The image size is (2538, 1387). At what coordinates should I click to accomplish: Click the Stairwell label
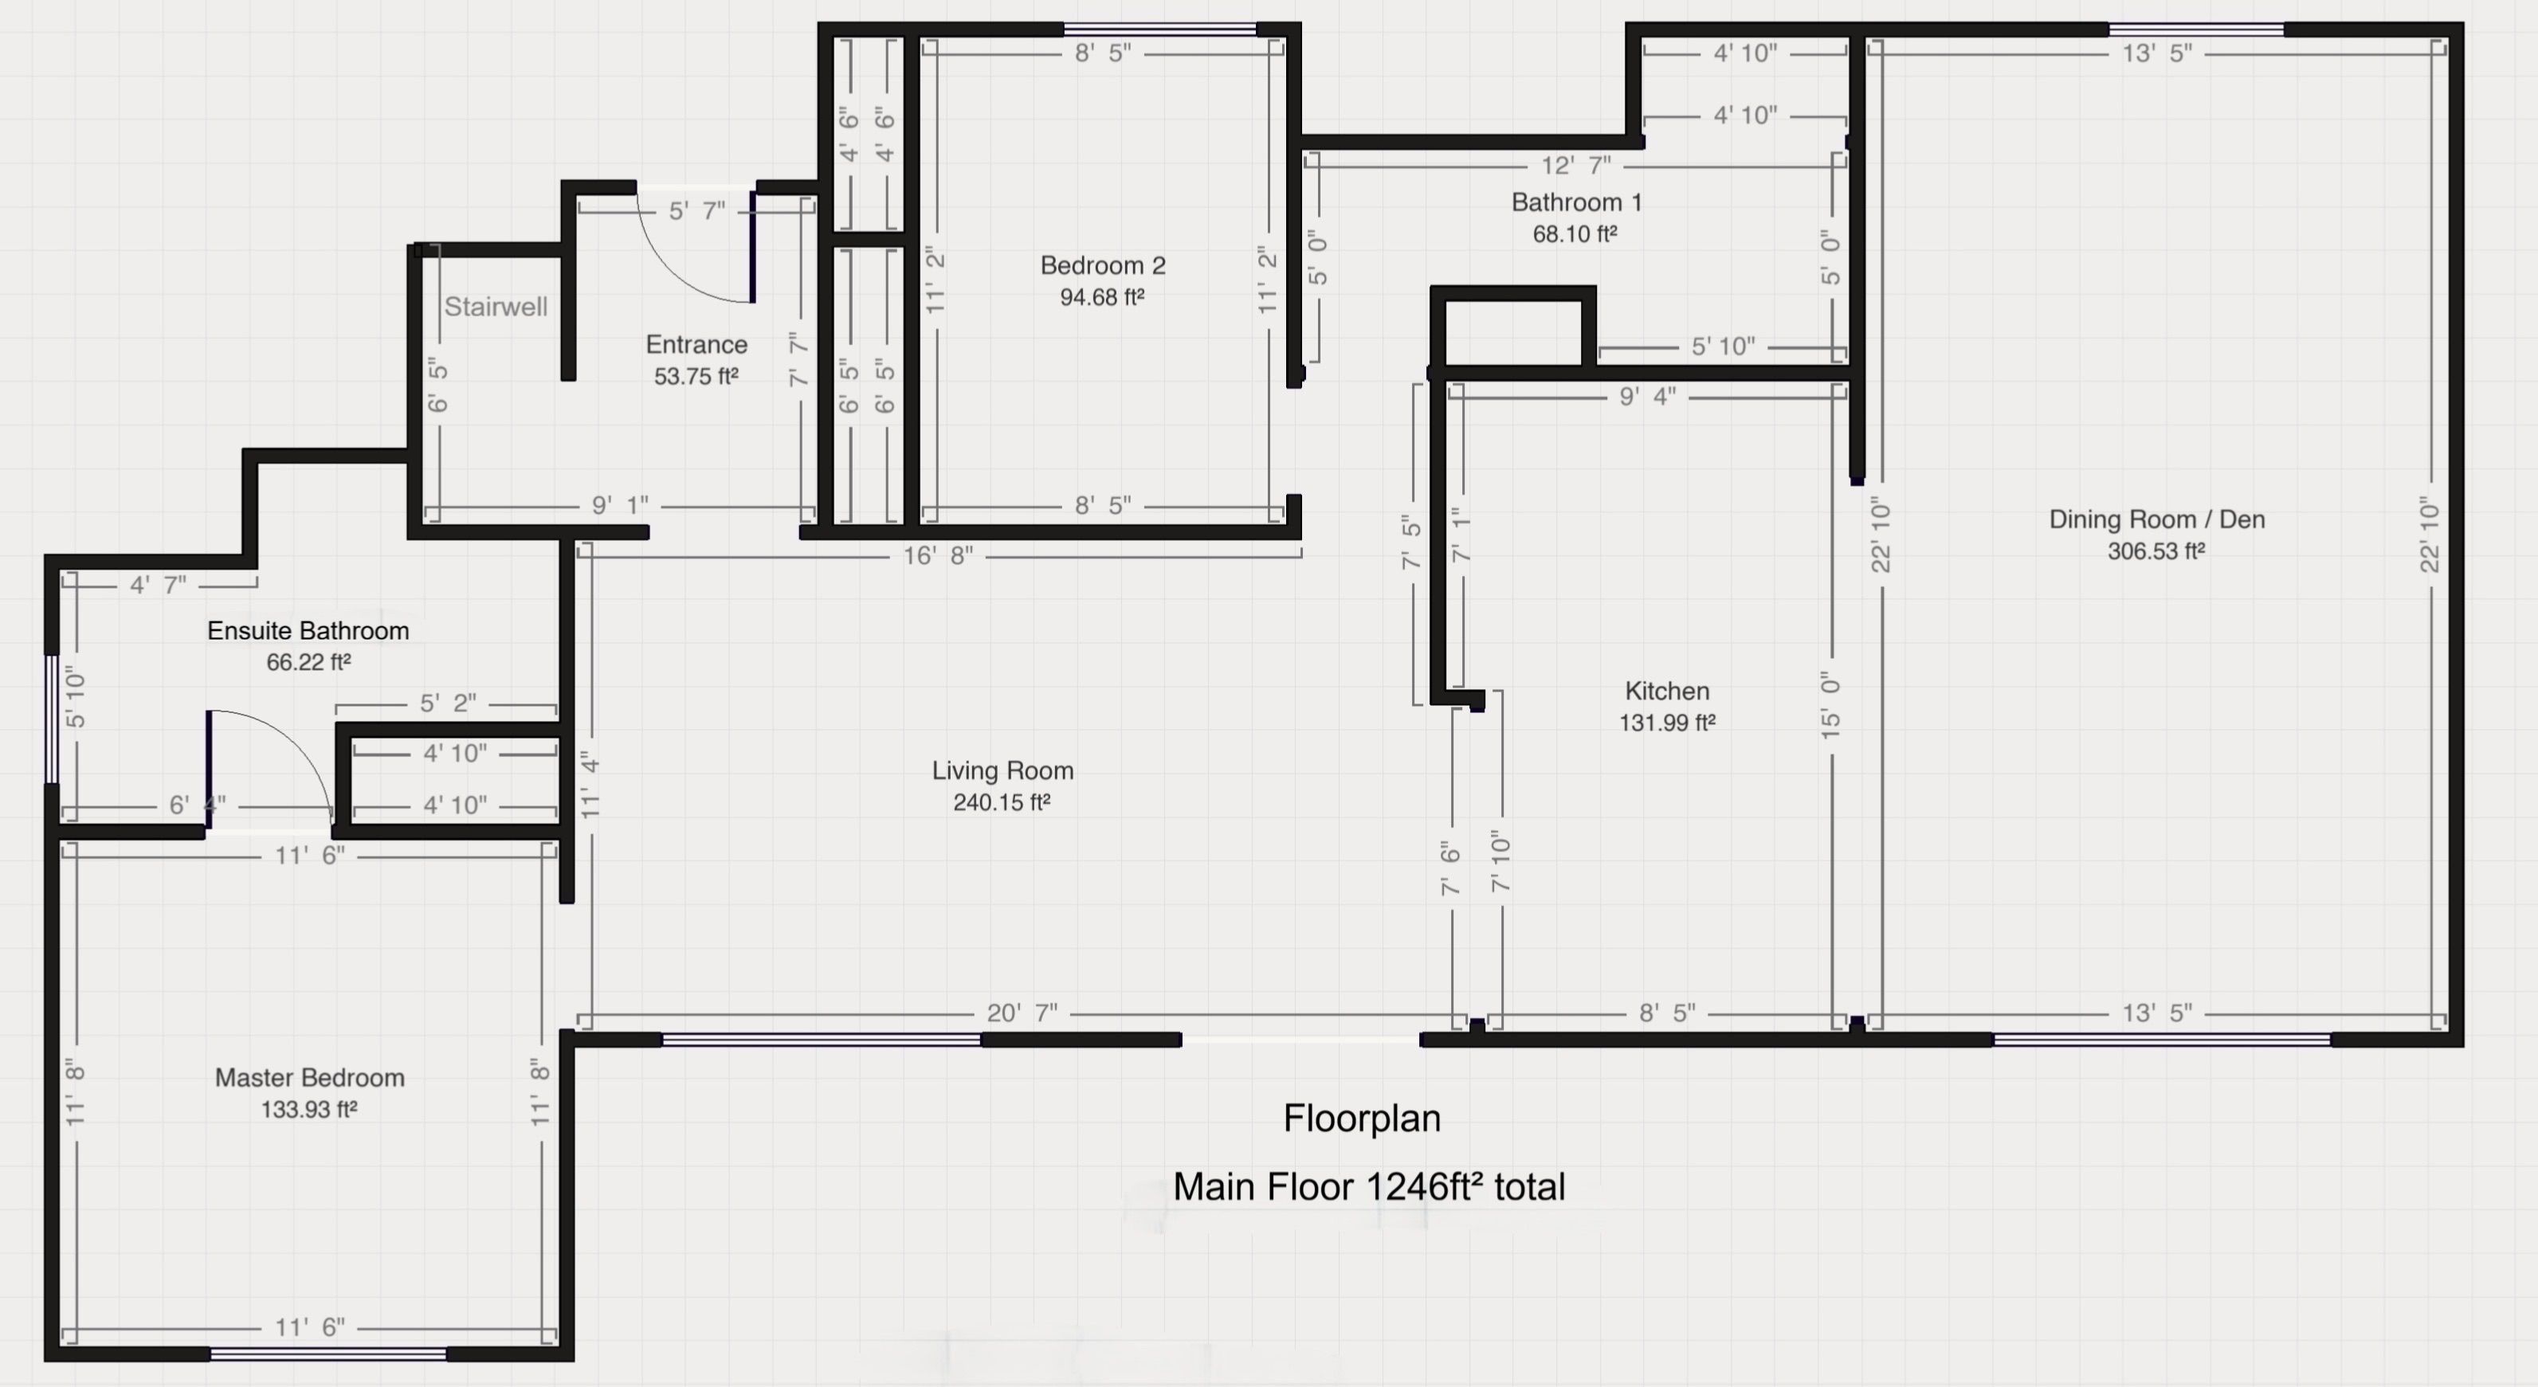pyautogui.click(x=496, y=307)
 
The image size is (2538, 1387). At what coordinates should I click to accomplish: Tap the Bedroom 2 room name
pyautogui.click(x=1103, y=265)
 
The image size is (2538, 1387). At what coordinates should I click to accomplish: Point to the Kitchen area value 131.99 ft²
pyautogui.click(x=1667, y=722)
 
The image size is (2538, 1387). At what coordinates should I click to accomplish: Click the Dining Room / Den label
pyautogui.click(x=2157, y=519)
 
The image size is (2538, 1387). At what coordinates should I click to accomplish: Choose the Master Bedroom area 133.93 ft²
pyautogui.click(x=308, y=1109)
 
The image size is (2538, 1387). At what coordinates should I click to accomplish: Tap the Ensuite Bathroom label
pyautogui.click(x=308, y=630)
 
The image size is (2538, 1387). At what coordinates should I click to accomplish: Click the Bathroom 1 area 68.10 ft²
pyautogui.click(x=1575, y=233)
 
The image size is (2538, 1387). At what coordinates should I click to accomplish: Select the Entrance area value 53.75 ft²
pyautogui.click(x=696, y=375)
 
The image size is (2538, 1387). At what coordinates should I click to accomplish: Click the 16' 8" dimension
pyautogui.click(x=938, y=555)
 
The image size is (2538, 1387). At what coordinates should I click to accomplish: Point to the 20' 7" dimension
pyautogui.click(x=1022, y=1013)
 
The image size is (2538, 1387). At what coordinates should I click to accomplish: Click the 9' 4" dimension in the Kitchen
pyautogui.click(x=1647, y=396)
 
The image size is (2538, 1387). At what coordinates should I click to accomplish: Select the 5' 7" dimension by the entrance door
pyautogui.click(x=696, y=210)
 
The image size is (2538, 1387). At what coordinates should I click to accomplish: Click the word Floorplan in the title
pyautogui.click(x=1362, y=1118)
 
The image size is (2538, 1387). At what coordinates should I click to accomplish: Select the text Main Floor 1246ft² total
pyautogui.click(x=1368, y=1187)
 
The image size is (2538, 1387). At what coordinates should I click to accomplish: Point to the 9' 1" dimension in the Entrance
pyautogui.click(x=620, y=505)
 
